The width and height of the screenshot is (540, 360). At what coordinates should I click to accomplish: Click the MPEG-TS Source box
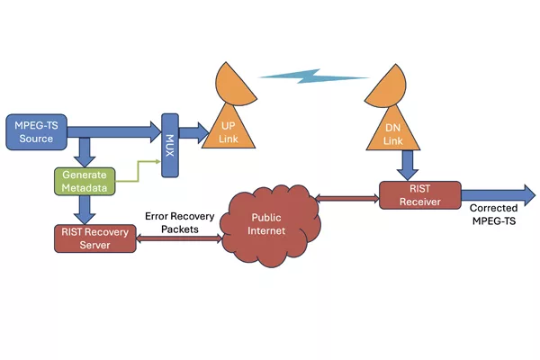(x=37, y=132)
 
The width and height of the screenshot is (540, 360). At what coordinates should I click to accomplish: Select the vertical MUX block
(x=170, y=146)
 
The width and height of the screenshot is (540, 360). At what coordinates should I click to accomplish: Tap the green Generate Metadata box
(x=85, y=182)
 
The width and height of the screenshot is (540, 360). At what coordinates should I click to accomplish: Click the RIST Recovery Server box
(x=95, y=238)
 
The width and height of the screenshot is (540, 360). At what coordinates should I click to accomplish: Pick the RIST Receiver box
(x=420, y=195)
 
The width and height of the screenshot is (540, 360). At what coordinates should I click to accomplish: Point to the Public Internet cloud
(x=271, y=226)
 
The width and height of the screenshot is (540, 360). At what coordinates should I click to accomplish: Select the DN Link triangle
(x=393, y=130)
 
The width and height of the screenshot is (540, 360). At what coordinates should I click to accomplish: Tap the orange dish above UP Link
(x=234, y=85)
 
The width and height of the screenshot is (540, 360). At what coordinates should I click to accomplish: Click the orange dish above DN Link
(x=387, y=86)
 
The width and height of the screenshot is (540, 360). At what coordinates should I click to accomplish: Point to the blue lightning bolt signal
(x=313, y=76)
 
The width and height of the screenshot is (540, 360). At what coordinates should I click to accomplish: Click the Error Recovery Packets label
(x=179, y=222)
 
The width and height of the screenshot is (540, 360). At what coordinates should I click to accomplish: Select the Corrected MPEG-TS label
(x=494, y=214)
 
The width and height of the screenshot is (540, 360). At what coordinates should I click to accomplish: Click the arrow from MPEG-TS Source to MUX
(x=114, y=132)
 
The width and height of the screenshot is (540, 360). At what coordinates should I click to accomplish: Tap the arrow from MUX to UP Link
(x=193, y=132)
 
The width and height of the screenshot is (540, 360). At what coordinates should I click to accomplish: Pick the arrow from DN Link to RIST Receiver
(x=408, y=166)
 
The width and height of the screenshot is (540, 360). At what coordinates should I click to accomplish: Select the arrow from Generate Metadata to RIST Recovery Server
(x=85, y=210)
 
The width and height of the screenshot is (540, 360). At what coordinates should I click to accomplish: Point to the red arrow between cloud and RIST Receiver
(x=347, y=198)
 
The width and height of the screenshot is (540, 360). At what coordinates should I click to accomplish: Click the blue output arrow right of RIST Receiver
(x=499, y=195)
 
